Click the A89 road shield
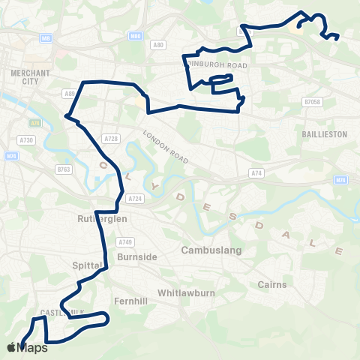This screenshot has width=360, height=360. click(70, 94)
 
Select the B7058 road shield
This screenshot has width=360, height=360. click(312, 101)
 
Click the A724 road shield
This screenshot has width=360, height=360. click(135, 198)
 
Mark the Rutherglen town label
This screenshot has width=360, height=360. click(103, 218)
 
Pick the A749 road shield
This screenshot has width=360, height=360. click(124, 241)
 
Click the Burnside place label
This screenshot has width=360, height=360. click(137, 256)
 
